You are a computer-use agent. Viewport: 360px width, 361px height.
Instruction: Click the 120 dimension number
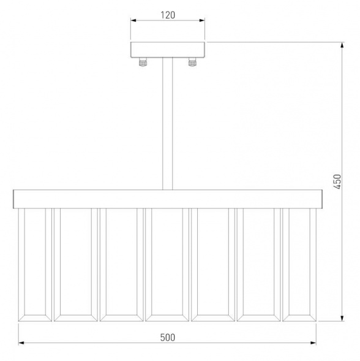(x=168, y=15)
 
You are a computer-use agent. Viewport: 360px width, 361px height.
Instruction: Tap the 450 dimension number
(x=337, y=181)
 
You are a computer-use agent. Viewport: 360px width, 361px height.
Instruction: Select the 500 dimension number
(x=168, y=338)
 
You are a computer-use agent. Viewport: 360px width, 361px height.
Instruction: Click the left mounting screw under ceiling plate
(x=143, y=62)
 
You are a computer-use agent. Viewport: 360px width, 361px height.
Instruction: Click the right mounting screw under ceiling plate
(x=192, y=62)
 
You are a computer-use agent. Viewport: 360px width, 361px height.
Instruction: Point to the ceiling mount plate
(x=168, y=50)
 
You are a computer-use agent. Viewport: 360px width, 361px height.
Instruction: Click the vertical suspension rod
(x=168, y=124)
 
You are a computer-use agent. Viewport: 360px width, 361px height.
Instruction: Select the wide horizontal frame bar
(x=168, y=199)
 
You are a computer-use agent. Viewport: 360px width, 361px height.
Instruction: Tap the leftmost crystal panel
(x=35, y=265)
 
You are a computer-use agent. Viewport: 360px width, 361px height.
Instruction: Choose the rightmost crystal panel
(x=299, y=265)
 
